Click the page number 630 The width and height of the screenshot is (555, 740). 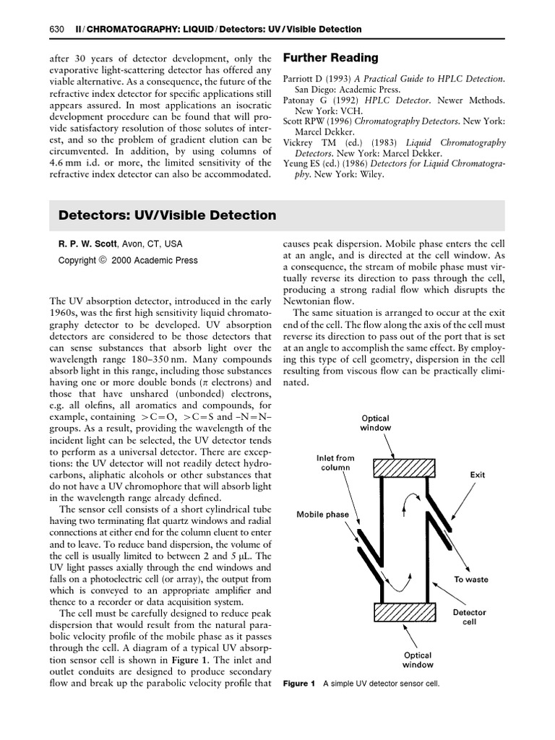click(57, 29)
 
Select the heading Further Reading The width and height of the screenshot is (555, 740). click(330, 57)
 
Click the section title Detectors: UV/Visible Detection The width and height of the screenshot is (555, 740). click(167, 215)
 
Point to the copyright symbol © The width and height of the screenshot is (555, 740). click(103, 260)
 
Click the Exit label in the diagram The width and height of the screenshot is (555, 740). click(477, 475)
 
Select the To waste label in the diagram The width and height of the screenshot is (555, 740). click(470, 580)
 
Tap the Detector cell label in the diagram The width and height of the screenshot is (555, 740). click(469, 617)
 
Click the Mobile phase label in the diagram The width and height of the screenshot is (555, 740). click(322, 515)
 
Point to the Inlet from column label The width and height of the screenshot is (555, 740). click(335, 462)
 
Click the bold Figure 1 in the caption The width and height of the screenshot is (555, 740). click(299, 684)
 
